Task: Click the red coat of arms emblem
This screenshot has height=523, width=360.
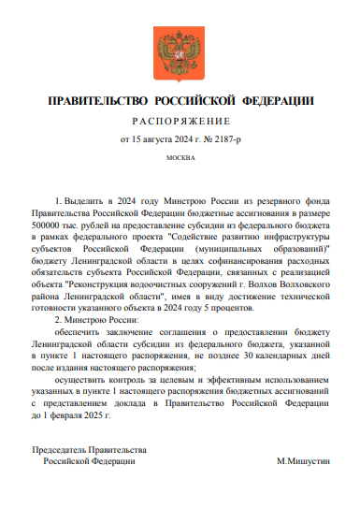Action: [180, 54]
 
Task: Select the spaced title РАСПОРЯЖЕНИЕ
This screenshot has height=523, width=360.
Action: [180, 122]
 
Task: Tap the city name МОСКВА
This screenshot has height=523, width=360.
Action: [180, 157]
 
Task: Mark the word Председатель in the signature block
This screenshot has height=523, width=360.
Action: [61, 453]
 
